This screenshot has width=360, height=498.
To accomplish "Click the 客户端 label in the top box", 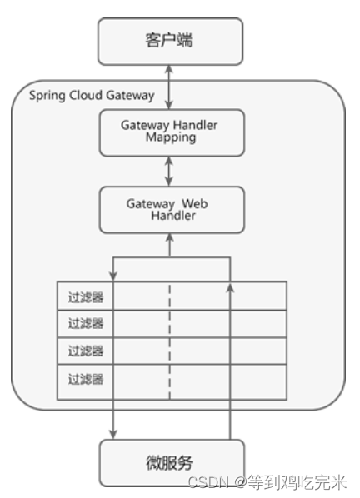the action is pyautogui.click(x=169, y=40).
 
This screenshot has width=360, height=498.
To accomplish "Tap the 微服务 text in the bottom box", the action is pyautogui.click(x=169, y=462).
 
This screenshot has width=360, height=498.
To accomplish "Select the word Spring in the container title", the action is pyautogui.click(x=47, y=96).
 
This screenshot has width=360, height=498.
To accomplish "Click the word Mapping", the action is pyautogui.click(x=171, y=138).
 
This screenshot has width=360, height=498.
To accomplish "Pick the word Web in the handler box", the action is pyautogui.click(x=195, y=203).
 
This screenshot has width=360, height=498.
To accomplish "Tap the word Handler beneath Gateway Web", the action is pyautogui.click(x=173, y=216).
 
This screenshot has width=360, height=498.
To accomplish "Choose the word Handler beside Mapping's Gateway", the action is pyautogui.click(x=195, y=125).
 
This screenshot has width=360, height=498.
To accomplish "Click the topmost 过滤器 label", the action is pyautogui.click(x=86, y=297).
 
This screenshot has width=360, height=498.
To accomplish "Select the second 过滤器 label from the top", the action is pyautogui.click(x=86, y=323).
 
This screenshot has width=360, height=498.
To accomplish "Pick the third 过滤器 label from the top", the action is pyautogui.click(x=86, y=351).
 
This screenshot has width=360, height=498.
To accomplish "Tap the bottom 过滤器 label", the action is pyautogui.click(x=86, y=379).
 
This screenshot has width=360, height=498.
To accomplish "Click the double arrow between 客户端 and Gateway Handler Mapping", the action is pyautogui.click(x=169, y=87).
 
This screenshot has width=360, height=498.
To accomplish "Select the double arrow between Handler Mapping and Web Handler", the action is pyautogui.click(x=169, y=172).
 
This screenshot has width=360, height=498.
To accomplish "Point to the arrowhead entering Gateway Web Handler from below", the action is pyautogui.click(x=170, y=237).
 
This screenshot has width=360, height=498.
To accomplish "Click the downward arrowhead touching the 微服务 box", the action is pyautogui.click(x=113, y=435).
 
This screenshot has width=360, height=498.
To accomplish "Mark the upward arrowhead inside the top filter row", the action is pyautogui.click(x=231, y=288).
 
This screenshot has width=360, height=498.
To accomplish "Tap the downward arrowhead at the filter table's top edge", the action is pyautogui.click(x=113, y=276).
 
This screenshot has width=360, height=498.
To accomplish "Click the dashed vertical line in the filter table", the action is pyautogui.click(x=170, y=341).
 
